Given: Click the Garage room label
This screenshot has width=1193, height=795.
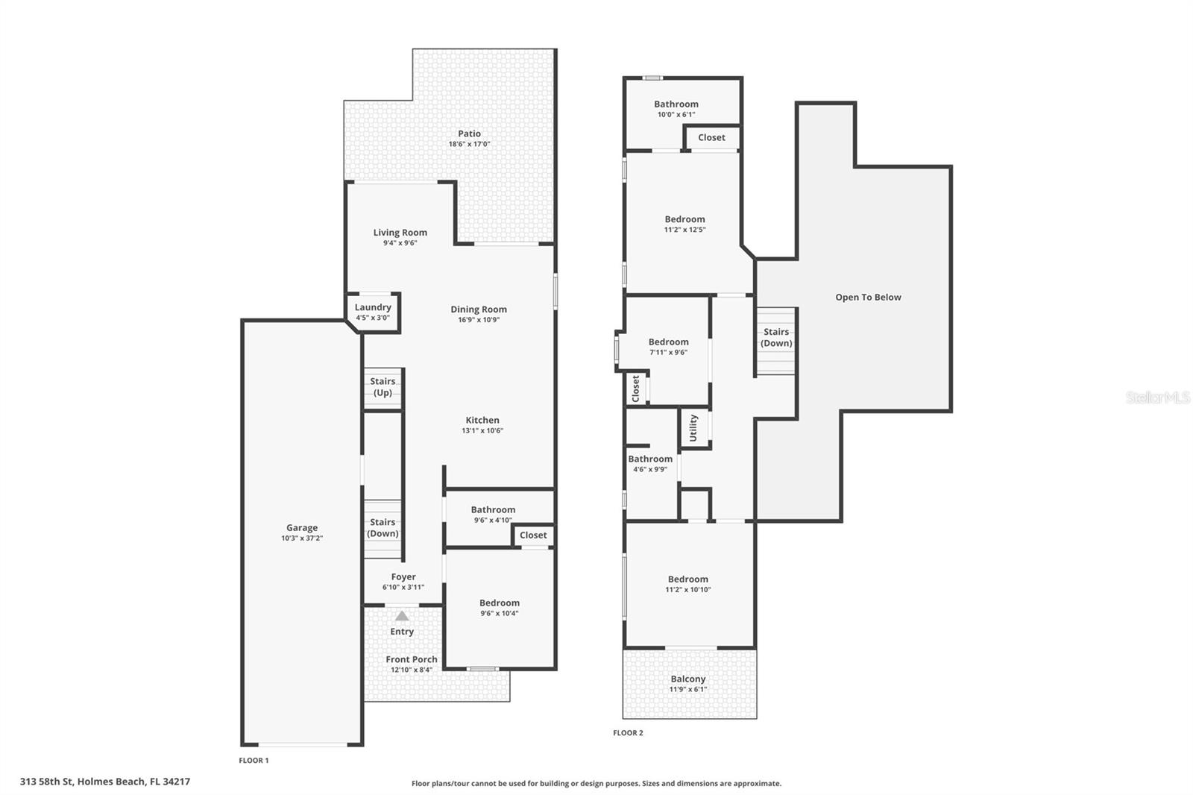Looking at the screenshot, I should click(301, 527).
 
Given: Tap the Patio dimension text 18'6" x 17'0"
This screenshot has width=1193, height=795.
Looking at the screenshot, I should click(469, 144).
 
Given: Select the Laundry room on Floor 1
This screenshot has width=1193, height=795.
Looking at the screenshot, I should click(373, 312).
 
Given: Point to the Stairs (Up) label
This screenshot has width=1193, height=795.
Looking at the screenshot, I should click(383, 386).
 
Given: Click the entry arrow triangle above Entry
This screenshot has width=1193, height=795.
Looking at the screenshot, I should click(402, 616).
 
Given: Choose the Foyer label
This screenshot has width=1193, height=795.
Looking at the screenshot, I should click(403, 576).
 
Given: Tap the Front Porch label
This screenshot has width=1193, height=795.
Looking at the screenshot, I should click(412, 659).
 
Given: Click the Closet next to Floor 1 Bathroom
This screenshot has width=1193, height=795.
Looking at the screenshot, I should click(533, 535).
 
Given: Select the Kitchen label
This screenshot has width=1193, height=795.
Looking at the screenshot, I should click(482, 420).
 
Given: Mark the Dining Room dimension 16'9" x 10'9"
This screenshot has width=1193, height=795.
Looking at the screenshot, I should click(479, 320).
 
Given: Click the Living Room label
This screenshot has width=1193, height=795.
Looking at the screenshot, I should click(400, 232).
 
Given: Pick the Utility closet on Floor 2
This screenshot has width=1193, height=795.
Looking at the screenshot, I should click(693, 428).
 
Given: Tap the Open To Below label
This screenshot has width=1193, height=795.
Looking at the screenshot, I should click(868, 297).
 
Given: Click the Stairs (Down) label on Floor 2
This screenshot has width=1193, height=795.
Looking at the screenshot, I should click(776, 337).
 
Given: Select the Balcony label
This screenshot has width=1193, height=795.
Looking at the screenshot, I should click(687, 679).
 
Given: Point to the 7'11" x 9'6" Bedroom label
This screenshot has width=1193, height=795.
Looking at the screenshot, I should click(668, 346).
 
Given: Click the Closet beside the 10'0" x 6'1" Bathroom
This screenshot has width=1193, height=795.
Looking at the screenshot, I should click(711, 137).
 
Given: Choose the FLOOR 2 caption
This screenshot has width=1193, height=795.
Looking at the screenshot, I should click(628, 732).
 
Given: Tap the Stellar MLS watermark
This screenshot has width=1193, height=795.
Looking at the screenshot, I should click(1157, 397).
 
